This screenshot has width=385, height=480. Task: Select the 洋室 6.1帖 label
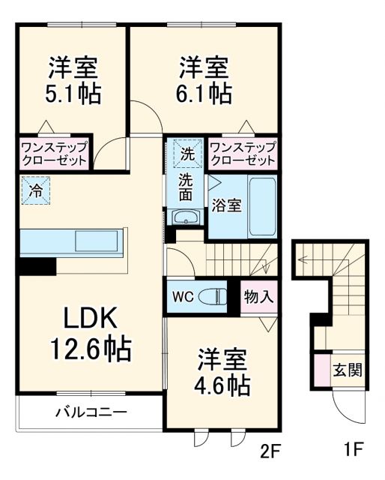pyautogui.click(x=204, y=80)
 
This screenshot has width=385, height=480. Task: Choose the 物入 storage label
pyautogui.click(x=258, y=295)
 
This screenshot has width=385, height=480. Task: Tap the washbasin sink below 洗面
pyautogui.click(x=185, y=218)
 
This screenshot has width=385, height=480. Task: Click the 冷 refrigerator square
pyautogui.click(x=35, y=190)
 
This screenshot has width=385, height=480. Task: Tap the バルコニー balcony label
pyautogui.click(x=91, y=412)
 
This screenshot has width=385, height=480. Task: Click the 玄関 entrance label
pyautogui.click(x=348, y=370)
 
